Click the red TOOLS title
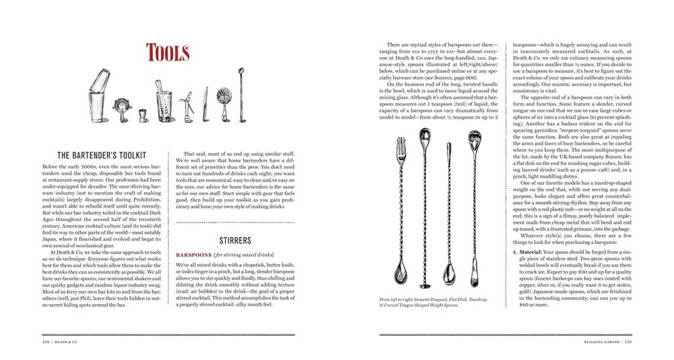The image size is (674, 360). [x=168, y=52]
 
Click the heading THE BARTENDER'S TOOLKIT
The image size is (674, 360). [x=101, y=155]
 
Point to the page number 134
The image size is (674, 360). [x=48, y=342]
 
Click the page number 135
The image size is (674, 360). [x=628, y=342]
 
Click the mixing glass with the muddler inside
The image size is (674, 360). [x=162, y=105]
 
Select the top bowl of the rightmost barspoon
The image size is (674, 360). [x=474, y=140]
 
